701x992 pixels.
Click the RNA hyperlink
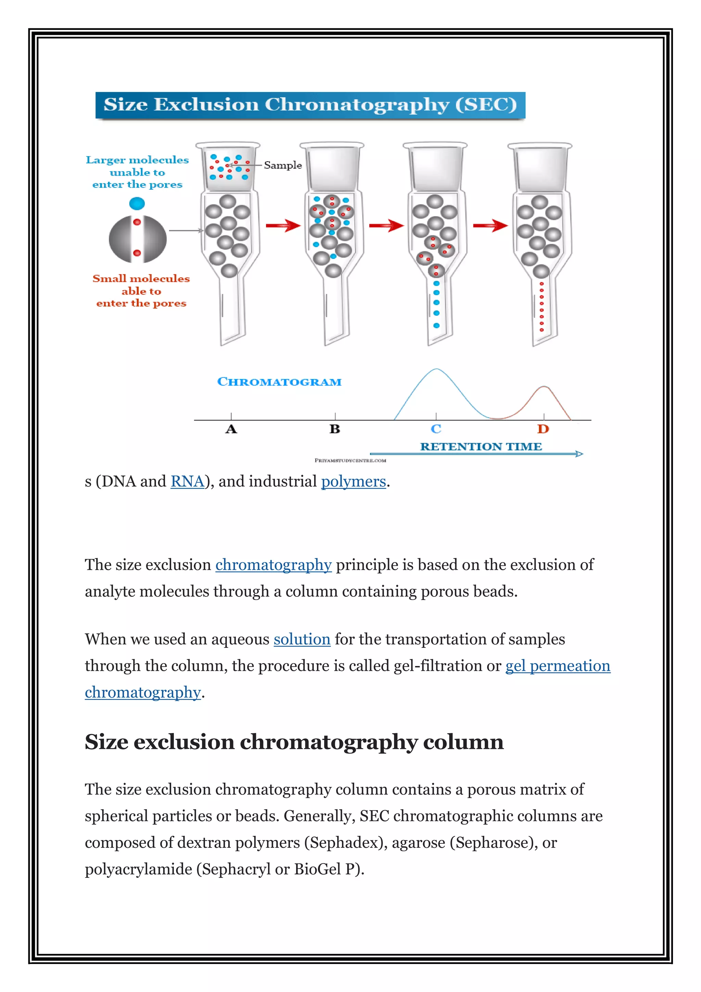tap(187, 481)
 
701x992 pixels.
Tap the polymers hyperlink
tap(353, 481)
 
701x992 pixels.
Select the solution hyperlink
tap(302, 639)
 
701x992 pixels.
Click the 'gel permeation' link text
tap(557, 666)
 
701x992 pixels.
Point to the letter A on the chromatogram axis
tap(231, 429)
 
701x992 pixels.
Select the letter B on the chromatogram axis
tap(335, 429)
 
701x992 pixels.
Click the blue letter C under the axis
tap(436, 429)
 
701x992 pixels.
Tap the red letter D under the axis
tap(543, 429)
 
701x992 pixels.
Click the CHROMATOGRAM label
tap(279, 382)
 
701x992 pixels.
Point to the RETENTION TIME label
tap(481, 447)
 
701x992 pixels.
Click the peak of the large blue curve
tap(436, 369)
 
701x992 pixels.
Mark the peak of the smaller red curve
tap(544, 387)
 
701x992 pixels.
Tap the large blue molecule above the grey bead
tap(137, 203)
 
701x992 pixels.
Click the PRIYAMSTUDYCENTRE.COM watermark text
tap(350, 461)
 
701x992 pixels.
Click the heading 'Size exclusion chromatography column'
tap(294, 742)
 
